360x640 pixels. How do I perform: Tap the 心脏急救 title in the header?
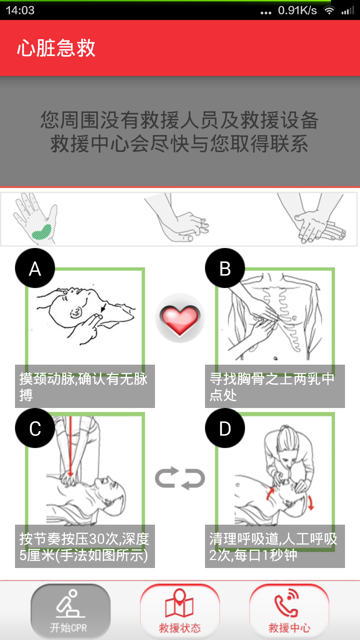56,48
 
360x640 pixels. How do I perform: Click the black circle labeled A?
35,268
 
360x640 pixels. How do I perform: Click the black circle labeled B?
225,268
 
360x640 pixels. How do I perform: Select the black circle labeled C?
35,428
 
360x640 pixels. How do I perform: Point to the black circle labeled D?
225,428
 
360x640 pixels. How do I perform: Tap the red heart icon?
180,319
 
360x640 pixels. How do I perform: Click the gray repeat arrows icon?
180,478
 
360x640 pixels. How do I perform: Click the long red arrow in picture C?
70,447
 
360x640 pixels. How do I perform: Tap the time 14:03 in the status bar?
20,10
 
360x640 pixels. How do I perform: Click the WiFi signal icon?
329,10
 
